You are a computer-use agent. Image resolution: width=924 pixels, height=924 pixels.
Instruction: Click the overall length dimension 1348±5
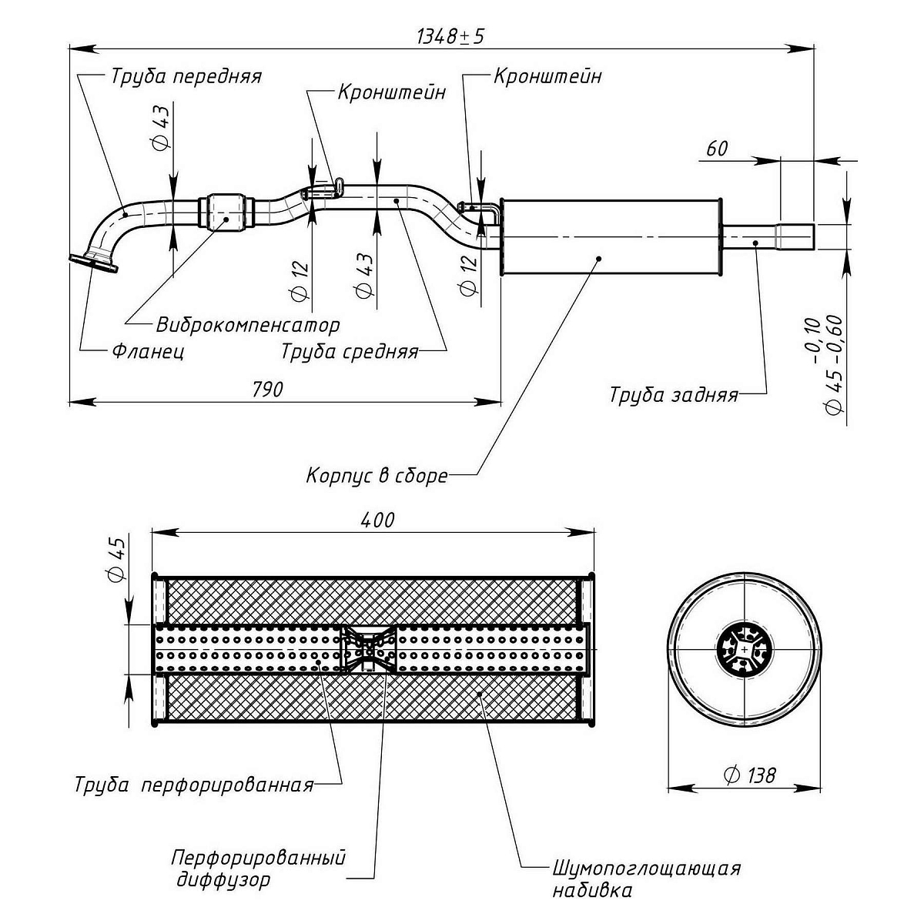coord(451,36)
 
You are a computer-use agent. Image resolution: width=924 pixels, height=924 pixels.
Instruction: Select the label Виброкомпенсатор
coord(248,324)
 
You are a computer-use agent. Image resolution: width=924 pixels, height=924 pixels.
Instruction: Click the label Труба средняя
coord(350,352)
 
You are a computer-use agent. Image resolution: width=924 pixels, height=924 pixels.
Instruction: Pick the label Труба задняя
coord(674,395)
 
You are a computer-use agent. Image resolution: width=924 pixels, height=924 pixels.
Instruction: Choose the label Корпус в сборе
coord(377,475)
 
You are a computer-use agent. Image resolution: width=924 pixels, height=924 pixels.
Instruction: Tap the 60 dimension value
coord(716,149)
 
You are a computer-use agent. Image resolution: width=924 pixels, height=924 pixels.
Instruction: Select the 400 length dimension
coord(377,520)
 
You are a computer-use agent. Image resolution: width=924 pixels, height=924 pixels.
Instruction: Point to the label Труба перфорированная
coord(194,785)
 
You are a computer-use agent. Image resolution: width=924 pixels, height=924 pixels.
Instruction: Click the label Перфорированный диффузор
coord(257,869)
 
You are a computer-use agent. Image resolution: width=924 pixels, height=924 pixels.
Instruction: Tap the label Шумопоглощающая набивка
coord(645,879)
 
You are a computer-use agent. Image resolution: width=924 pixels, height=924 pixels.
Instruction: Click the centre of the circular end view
coord(745,649)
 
